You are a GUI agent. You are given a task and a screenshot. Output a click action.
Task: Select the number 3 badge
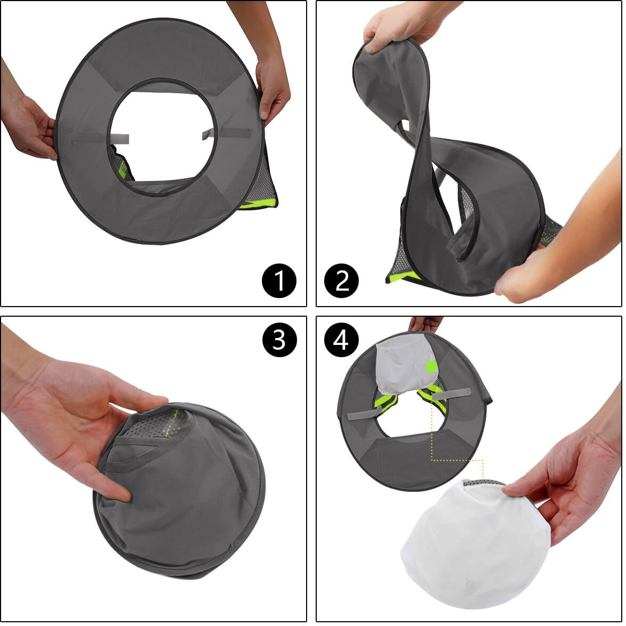click(x=279, y=340)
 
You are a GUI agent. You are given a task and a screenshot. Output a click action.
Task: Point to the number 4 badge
click(x=341, y=340)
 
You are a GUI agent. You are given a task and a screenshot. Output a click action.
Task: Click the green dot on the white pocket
click(x=431, y=366)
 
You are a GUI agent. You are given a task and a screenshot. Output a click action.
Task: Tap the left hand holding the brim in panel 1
click(x=29, y=128)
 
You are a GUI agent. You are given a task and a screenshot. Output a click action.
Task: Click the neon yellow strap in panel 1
click(x=258, y=204)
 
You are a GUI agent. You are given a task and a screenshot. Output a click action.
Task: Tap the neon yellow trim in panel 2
click(x=402, y=277)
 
